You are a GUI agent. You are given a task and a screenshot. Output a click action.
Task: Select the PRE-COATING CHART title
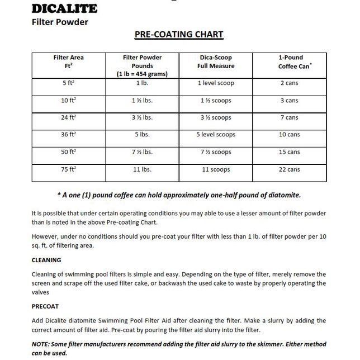(179, 35)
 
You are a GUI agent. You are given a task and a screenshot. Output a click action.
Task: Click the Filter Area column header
(69, 61)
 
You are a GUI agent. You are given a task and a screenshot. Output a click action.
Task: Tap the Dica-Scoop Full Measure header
(216, 61)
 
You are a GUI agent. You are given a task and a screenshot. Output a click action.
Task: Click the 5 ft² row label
(69, 83)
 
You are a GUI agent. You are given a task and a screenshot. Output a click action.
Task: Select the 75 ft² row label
(69, 169)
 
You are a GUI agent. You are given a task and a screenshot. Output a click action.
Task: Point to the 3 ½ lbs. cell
(143, 117)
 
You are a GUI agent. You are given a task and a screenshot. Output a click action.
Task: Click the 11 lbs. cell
(143, 169)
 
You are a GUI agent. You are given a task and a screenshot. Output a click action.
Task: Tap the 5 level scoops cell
(216, 135)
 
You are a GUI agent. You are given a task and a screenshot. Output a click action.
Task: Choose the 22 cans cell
(289, 169)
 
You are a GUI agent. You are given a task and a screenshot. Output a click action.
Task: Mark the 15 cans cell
(289, 152)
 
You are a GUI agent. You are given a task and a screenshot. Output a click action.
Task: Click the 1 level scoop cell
(216, 83)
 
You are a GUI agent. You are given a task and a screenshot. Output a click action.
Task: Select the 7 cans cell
(289, 117)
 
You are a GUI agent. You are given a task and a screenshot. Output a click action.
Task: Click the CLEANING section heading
(46, 260)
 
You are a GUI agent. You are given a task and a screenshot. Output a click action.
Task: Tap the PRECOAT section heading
(45, 306)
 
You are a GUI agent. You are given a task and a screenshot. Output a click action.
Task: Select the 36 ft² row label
(69, 135)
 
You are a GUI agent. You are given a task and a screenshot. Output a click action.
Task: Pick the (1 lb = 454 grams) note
(143, 74)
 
